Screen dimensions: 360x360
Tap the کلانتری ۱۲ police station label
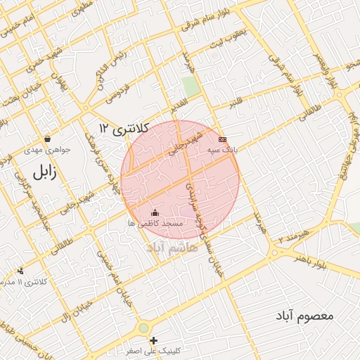[x=124, y=127]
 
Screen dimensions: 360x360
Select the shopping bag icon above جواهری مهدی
[x=46, y=139]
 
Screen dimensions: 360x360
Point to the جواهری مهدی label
[x=44, y=149]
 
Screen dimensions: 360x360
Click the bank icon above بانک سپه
[x=223, y=140]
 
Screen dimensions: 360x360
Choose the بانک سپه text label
[x=224, y=150]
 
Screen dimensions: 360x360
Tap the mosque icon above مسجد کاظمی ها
[x=155, y=212]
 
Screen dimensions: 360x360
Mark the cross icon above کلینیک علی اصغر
[x=154, y=340]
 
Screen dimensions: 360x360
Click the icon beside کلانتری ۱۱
[x=20, y=271]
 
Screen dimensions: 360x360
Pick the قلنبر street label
[x=235, y=103]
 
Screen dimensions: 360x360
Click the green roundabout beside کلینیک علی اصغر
[x=144, y=328]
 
